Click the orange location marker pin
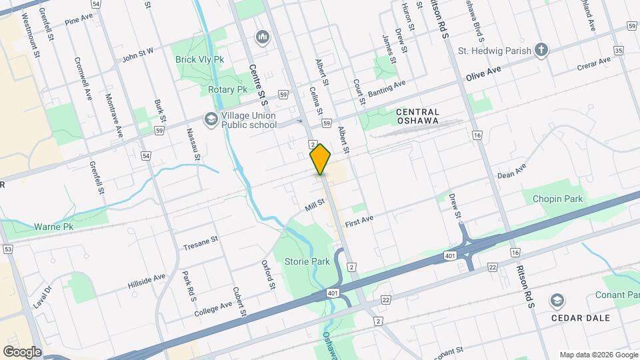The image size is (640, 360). click(321, 159)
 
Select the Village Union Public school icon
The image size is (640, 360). click(211, 119)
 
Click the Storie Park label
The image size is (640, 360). click(307, 261)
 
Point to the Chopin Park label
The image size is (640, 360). click(557, 199)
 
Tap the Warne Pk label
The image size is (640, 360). click(53, 227)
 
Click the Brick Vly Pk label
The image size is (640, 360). click(199, 59)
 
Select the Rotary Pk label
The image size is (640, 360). click(227, 89)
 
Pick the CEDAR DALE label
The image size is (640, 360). click(580, 317)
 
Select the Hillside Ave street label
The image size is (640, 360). click(146, 281)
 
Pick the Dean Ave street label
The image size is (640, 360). click(512, 171)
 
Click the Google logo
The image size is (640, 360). click(22, 351)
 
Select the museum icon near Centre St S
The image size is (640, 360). click(262, 35)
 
